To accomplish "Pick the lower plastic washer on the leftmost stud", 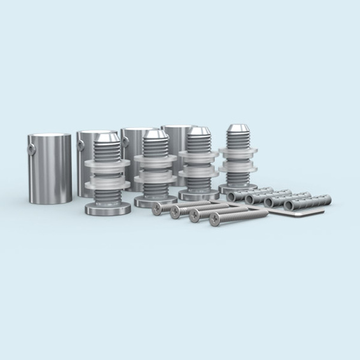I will coord(107,185).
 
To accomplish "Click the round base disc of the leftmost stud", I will coord(108,208).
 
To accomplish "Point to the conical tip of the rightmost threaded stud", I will coord(238,130).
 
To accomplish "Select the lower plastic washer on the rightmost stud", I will coord(239,169).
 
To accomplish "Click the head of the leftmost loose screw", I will coord(157,210).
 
